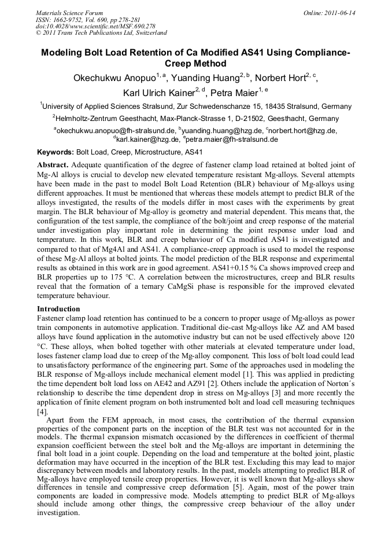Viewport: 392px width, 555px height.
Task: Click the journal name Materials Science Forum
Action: [x=69, y=13]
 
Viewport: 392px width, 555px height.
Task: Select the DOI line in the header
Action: [x=95, y=27]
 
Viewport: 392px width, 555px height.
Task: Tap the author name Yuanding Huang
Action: [x=199, y=78]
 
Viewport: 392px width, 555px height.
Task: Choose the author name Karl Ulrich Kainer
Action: [x=158, y=93]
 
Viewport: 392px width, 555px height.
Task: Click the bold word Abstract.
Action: [x=53, y=166]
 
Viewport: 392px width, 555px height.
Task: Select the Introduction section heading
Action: [x=58, y=309]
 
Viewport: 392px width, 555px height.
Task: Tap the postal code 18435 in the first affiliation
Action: [x=268, y=106]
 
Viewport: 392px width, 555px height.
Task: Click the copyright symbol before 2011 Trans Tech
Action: [x=38, y=33]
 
